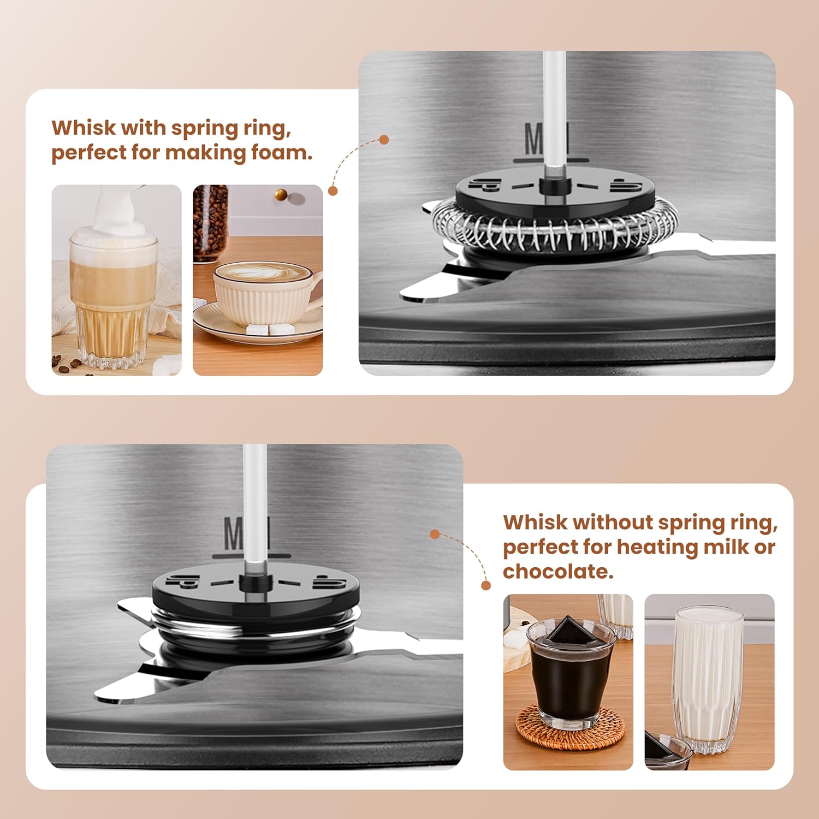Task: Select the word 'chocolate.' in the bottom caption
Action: click(558, 572)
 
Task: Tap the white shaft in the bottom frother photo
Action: click(254, 508)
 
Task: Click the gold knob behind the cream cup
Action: click(281, 195)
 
